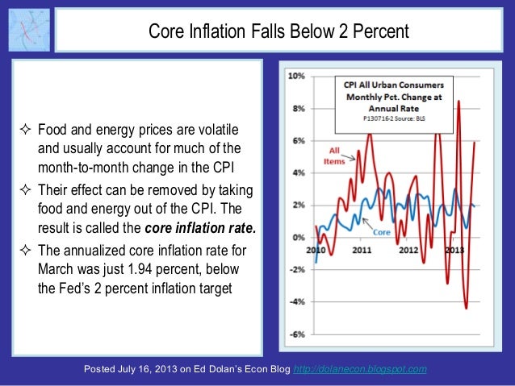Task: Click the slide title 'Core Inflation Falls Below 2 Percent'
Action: pos(279,31)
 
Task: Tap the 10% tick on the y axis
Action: pos(295,77)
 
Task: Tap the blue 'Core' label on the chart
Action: pos(383,231)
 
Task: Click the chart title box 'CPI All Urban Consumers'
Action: pos(395,83)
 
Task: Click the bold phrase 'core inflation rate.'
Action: pos(205,228)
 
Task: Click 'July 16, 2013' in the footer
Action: pos(153,370)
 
